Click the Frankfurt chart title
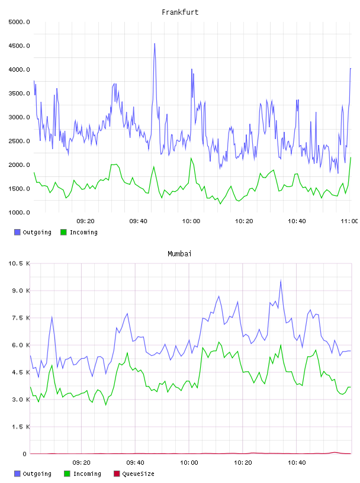tap(180, 12)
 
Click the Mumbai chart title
tap(179, 253)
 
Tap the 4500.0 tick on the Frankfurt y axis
tap(19, 46)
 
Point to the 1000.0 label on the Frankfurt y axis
tap(19, 212)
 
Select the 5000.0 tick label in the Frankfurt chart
tap(19, 22)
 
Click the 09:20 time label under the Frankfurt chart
tap(85, 221)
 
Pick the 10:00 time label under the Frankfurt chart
tap(191, 221)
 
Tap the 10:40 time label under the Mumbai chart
tap(297, 462)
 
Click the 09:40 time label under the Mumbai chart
tap(136, 462)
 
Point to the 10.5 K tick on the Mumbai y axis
tap(19, 263)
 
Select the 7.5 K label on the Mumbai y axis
tap(21, 318)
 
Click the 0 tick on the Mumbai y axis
tap(24, 454)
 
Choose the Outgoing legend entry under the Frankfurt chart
tap(33, 232)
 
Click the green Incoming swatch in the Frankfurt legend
tap(63, 232)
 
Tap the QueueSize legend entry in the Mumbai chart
tap(134, 474)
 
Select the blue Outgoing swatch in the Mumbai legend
tap(17, 474)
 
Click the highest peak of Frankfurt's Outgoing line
tap(155, 44)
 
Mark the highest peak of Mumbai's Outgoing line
tap(281, 280)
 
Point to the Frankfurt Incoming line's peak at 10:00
tap(191, 158)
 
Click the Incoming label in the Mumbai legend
tap(87, 474)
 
